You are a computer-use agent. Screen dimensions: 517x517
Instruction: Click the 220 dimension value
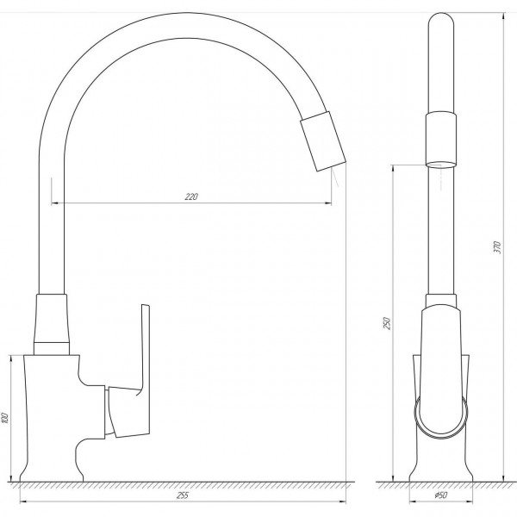(x=191, y=197)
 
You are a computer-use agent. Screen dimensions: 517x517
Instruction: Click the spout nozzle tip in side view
(x=322, y=142)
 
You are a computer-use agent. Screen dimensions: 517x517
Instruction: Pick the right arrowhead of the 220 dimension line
(x=329, y=203)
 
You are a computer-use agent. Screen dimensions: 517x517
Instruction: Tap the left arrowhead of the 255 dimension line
(x=22, y=501)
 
